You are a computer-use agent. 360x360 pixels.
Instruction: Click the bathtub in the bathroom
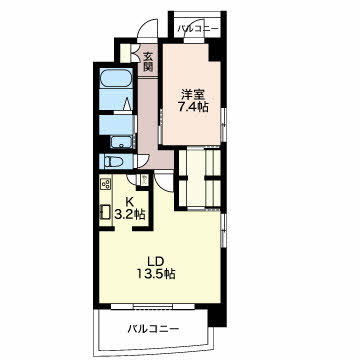click(116, 78)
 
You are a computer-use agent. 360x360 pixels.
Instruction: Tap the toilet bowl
click(112, 161)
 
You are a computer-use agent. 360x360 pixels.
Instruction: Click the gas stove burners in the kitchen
click(106, 184)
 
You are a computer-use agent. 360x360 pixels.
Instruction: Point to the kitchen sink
click(106, 211)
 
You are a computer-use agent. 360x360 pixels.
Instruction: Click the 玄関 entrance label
click(148, 62)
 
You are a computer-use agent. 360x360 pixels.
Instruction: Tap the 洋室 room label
click(191, 95)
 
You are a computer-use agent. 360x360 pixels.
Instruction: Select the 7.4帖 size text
click(191, 107)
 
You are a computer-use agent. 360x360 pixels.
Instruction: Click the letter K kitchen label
click(130, 201)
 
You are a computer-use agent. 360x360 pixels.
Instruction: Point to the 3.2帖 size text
click(130, 214)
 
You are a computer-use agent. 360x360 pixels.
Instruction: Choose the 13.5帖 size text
click(156, 274)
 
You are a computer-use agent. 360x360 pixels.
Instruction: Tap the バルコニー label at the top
click(197, 28)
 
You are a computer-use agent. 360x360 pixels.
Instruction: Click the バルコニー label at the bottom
click(153, 329)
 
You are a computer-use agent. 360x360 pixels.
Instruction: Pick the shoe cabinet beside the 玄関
click(125, 53)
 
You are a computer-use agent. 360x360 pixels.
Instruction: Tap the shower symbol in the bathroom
click(127, 104)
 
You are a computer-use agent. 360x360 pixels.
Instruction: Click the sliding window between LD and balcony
click(153, 306)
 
